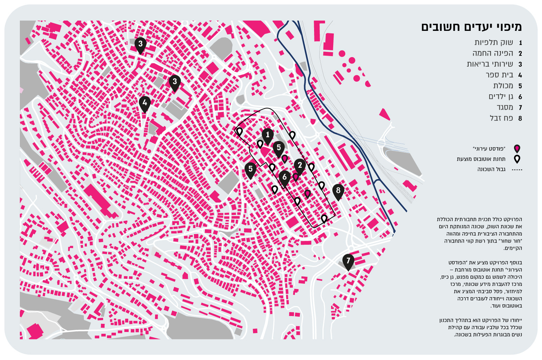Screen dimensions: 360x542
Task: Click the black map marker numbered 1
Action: click(268, 135)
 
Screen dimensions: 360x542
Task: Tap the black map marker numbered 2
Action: click(300, 165)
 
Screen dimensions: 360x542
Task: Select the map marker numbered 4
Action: click(145, 103)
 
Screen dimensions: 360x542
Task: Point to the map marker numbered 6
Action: click(284, 177)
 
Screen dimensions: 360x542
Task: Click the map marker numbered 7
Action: click(348, 261)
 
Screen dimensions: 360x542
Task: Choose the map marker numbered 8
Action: click(338, 190)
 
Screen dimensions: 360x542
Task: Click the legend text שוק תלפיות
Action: click(493, 43)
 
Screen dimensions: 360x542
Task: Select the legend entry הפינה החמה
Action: click(492, 54)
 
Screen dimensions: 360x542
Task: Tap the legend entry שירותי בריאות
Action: click(490, 64)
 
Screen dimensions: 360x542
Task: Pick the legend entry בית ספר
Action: click(499, 75)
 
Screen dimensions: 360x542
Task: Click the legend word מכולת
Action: click(503, 86)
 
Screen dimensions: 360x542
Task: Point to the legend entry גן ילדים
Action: click(501, 97)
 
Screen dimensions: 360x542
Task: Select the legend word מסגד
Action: click(504, 107)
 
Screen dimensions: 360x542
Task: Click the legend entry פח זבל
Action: click(501, 118)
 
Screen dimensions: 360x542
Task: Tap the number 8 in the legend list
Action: click(520, 118)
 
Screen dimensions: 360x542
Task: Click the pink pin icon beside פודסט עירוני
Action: click(517, 149)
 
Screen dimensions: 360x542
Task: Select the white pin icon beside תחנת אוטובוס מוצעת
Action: click(517, 159)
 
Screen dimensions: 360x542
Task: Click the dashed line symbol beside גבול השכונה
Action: click(517, 170)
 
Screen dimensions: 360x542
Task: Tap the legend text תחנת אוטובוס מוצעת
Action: click(481, 159)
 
